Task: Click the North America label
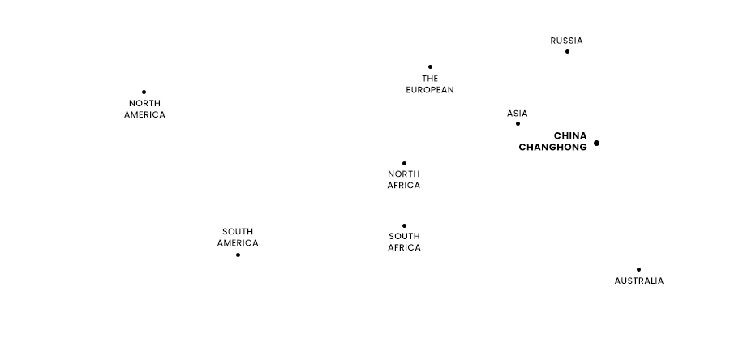144,109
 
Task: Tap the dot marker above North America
144,92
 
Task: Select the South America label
238,237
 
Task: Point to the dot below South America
238,255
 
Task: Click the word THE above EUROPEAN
430,79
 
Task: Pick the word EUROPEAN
430,90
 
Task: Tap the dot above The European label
430,67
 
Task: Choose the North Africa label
404,179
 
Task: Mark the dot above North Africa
404,164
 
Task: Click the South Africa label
404,242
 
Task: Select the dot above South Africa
404,226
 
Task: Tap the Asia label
518,114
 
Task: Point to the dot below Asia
518,124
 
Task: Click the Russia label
566,41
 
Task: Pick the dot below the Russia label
567,52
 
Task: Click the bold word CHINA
570,135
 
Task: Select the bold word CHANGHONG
552,148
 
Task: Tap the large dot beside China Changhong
596,144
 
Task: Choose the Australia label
639,281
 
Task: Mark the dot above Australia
638,269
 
